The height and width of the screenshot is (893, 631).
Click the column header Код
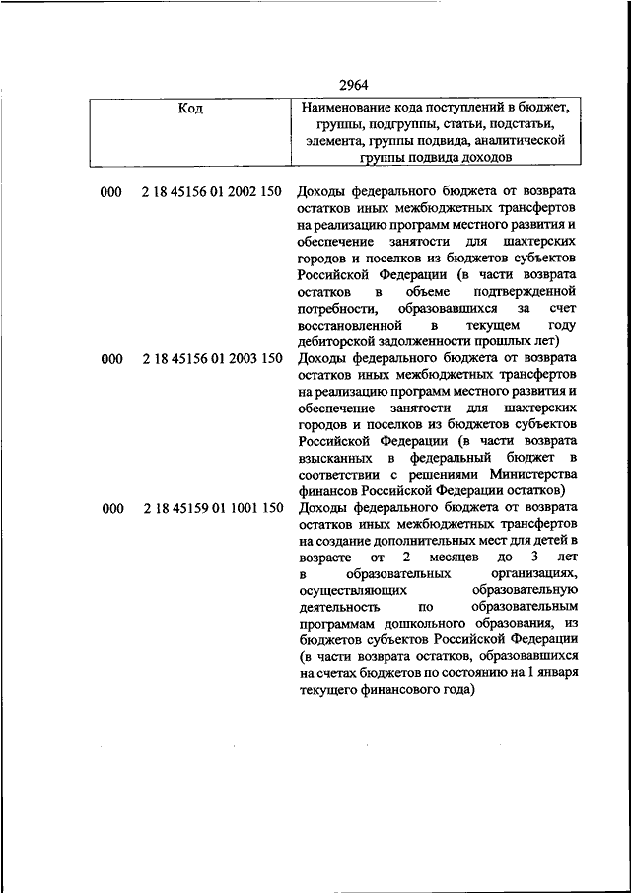190,109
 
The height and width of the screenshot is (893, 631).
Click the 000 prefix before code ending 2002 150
110,191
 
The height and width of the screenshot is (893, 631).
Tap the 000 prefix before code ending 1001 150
110,507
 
